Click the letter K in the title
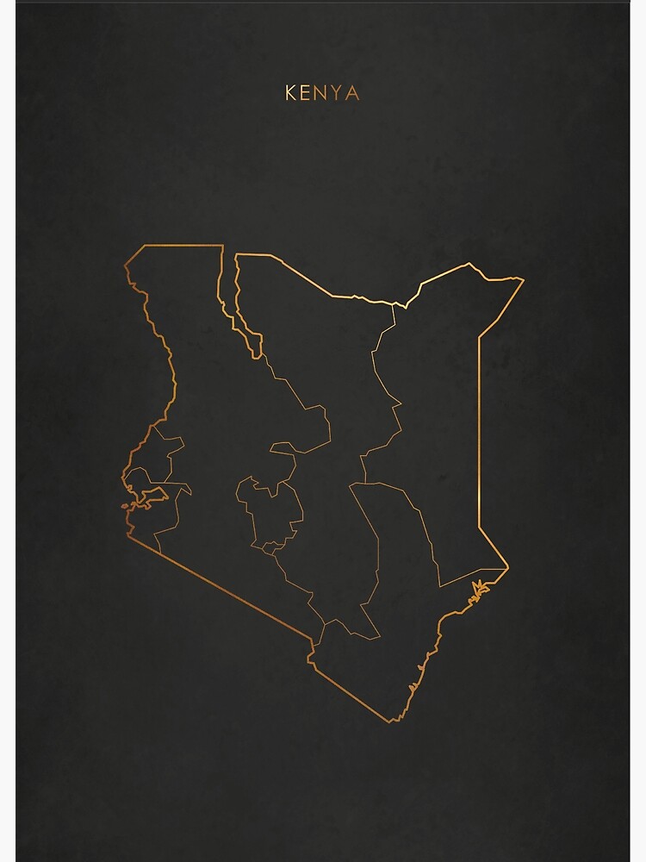pyautogui.click(x=291, y=92)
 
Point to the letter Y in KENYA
pyautogui.click(x=338, y=92)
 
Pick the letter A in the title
pyautogui.click(x=352, y=92)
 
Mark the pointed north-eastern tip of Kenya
pyautogui.click(x=522, y=278)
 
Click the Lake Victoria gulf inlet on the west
pyautogui.click(x=152, y=495)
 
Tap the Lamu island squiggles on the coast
pyautogui.click(x=476, y=590)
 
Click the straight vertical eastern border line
pyautogui.click(x=479, y=431)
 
